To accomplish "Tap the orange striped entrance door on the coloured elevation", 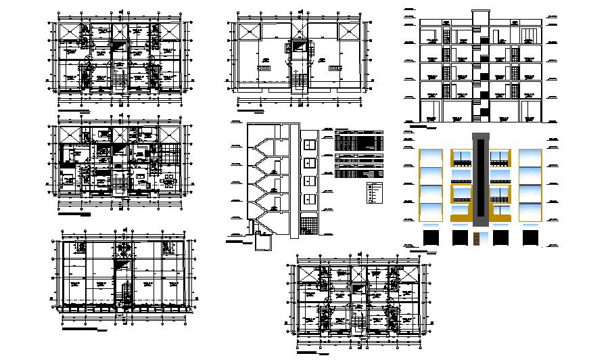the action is coord(479,238).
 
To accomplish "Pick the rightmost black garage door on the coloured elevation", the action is coord(530,238).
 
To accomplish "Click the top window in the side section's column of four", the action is coord(308,144).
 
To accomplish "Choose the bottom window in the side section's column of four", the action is coord(308,200).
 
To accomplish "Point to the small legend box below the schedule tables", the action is coord(375,192).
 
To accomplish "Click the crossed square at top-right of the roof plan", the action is coord(350,32).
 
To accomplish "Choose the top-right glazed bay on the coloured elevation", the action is coord(530,157).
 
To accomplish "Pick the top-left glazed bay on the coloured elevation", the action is coord(431,157).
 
